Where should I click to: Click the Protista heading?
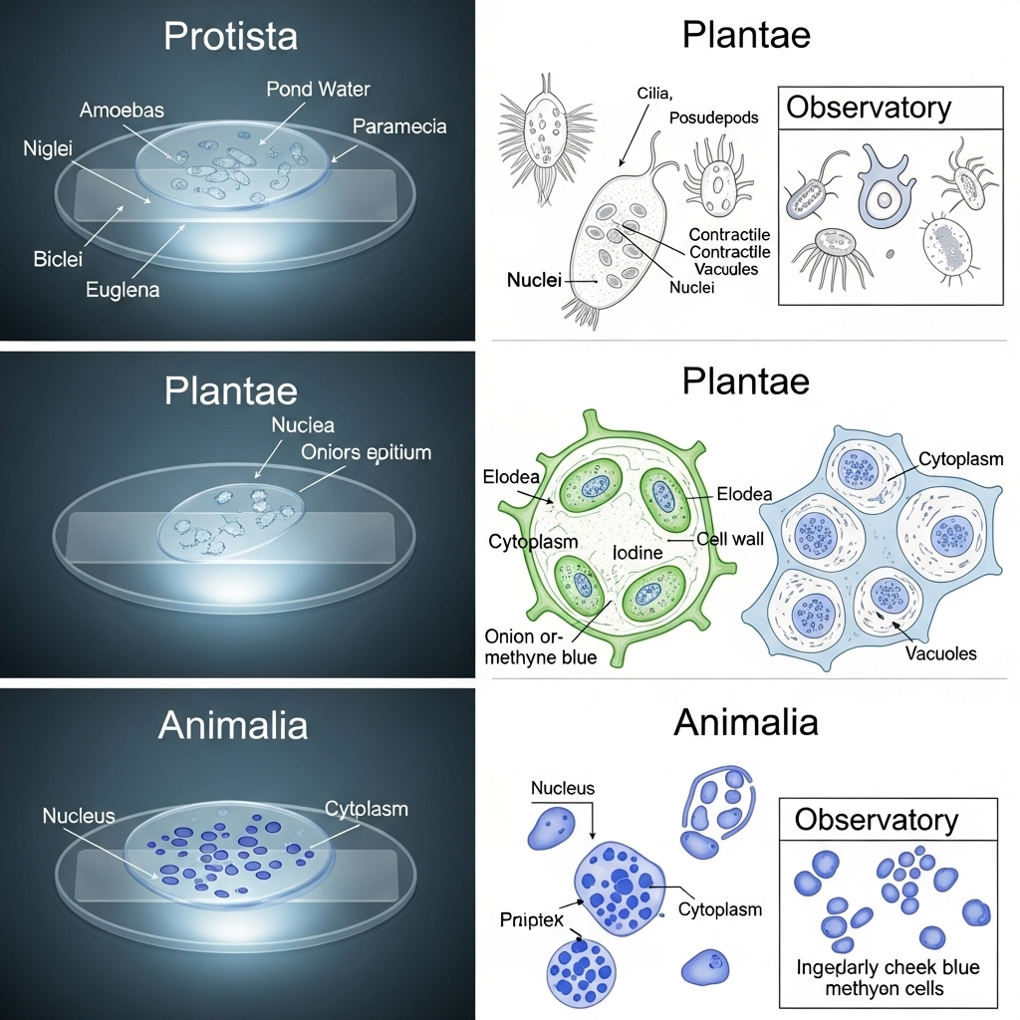coord(230,37)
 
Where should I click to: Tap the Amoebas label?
coord(122,110)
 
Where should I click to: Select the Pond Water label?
coord(318,89)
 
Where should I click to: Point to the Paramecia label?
coord(399,127)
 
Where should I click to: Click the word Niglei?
coord(48,149)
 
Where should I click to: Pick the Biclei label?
coord(58,259)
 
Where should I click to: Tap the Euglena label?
coord(123,290)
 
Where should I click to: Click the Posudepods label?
coord(713,118)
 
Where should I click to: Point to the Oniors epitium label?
coord(366,452)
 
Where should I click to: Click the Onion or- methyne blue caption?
coord(540,646)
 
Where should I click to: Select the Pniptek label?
coord(532,919)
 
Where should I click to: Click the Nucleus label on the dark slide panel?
coord(79,816)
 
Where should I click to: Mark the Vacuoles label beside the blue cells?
coord(940,653)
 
